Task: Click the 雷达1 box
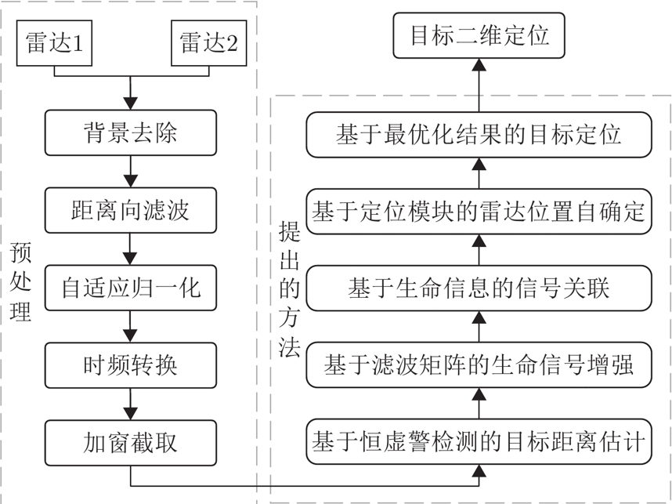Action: (54, 43)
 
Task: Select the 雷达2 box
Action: (208, 43)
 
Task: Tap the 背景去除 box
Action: (131, 132)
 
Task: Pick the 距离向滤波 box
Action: (131, 210)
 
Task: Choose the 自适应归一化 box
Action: (131, 288)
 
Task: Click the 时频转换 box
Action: (131, 365)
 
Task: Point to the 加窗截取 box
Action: (131, 443)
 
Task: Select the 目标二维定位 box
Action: (479, 35)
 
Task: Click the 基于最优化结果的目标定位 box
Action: (479, 135)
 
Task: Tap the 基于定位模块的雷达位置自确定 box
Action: (479, 212)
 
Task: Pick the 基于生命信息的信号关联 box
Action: (479, 288)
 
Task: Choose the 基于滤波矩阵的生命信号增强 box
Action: (479, 365)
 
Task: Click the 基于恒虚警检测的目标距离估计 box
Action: (479, 442)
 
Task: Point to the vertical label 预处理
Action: (20, 281)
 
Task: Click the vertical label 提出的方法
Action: (289, 289)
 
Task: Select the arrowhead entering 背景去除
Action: (130, 103)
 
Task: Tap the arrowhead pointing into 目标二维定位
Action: (479, 65)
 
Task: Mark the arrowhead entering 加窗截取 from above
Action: (130, 414)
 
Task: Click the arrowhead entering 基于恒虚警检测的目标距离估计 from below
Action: (479, 471)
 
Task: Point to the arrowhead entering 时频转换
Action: (130, 335)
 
